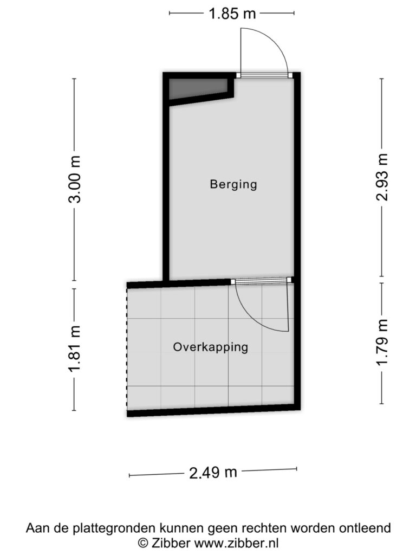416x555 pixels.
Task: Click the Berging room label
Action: [233, 184]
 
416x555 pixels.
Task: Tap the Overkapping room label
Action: [211, 347]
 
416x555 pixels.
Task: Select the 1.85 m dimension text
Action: [232, 14]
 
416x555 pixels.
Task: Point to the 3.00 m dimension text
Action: [75, 179]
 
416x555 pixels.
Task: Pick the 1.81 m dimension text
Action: [75, 349]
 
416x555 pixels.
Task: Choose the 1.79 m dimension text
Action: [382, 343]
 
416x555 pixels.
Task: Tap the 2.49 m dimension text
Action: [213, 472]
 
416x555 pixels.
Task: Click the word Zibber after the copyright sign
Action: [171, 543]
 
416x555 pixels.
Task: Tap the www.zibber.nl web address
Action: [236, 543]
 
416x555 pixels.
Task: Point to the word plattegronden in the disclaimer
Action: [114, 528]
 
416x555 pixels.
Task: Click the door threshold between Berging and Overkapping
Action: [262, 280]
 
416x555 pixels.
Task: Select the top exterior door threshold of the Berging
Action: [264, 75]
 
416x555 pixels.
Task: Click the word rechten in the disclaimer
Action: [264, 528]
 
